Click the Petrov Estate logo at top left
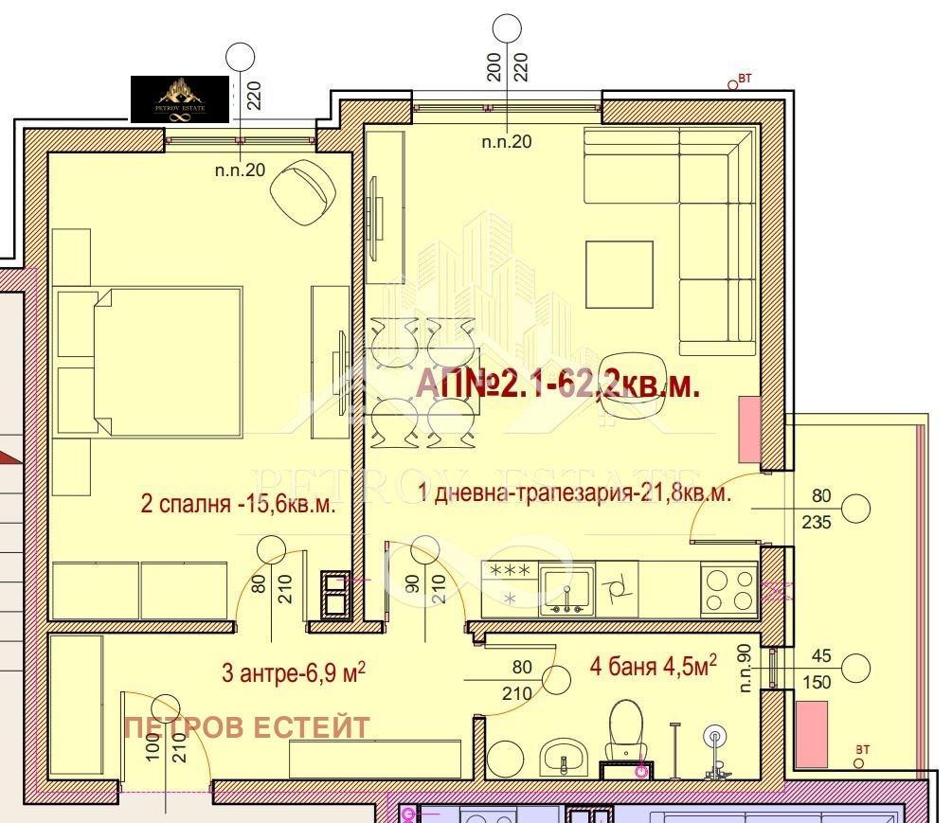(x=179, y=99)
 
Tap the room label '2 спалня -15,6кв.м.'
(x=238, y=504)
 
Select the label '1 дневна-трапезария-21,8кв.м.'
(x=574, y=494)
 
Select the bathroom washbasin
(x=567, y=758)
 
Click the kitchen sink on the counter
(x=566, y=590)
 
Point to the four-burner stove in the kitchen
(x=728, y=589)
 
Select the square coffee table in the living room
(x=619, y=275)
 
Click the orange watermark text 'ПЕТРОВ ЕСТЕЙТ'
(x=246, y=727)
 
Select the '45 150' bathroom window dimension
(x=820, y=668)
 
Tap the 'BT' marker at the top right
(x=739, y=81)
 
